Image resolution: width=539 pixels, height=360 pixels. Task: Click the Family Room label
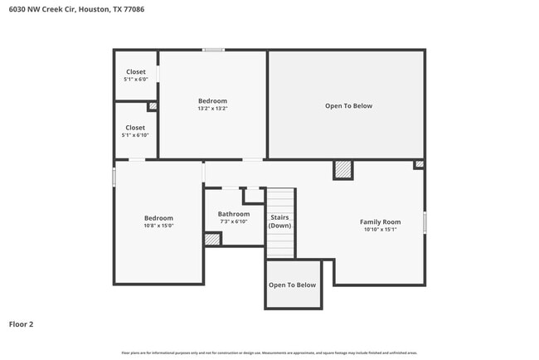point(380,221)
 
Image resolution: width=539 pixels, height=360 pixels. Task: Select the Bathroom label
point(234,214)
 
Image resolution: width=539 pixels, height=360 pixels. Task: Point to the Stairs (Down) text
point(279,221)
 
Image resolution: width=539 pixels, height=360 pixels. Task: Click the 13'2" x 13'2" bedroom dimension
point(212,108)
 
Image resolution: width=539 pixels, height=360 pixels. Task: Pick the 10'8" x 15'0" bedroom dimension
point(158,225)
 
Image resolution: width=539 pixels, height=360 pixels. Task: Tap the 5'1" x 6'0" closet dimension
point(135,79)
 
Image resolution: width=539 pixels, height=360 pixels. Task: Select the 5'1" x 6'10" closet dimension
point(135,134)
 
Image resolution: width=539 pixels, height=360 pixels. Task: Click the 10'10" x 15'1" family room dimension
point(380,230)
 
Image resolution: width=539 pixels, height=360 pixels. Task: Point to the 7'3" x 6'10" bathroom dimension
point(234,221)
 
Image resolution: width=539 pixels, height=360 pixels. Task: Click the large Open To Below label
point(347,106)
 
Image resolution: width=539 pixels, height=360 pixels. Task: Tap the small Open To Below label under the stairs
point(292,285)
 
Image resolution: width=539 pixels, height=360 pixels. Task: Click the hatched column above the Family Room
point(342,169)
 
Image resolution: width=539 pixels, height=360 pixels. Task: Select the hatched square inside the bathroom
point(212,239)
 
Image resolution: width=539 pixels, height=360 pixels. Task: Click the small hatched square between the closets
point(153,106)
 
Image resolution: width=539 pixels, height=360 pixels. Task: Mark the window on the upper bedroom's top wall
point(213,51)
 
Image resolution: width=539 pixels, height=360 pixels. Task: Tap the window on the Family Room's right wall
point(425,222)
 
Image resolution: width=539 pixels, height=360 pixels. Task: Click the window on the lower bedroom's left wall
point(114,178)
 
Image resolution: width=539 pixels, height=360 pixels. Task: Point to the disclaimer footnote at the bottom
point(269,352)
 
